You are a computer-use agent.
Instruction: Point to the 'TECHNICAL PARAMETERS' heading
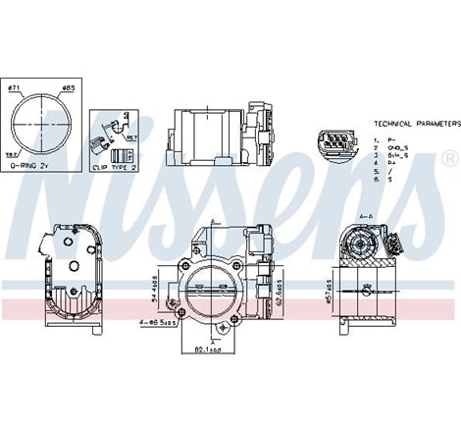click(416, 125)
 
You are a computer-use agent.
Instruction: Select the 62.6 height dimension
click(283, 291)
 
